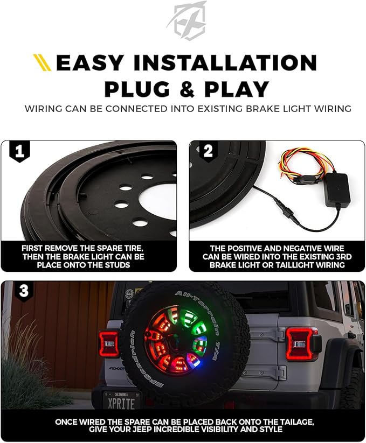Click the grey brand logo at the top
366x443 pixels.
187,20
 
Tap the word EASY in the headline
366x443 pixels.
89,63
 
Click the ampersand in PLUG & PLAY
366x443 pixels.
187,89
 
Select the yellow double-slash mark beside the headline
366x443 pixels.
42,62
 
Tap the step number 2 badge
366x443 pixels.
208,152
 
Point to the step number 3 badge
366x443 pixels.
24,291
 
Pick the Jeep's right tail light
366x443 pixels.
301,344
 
